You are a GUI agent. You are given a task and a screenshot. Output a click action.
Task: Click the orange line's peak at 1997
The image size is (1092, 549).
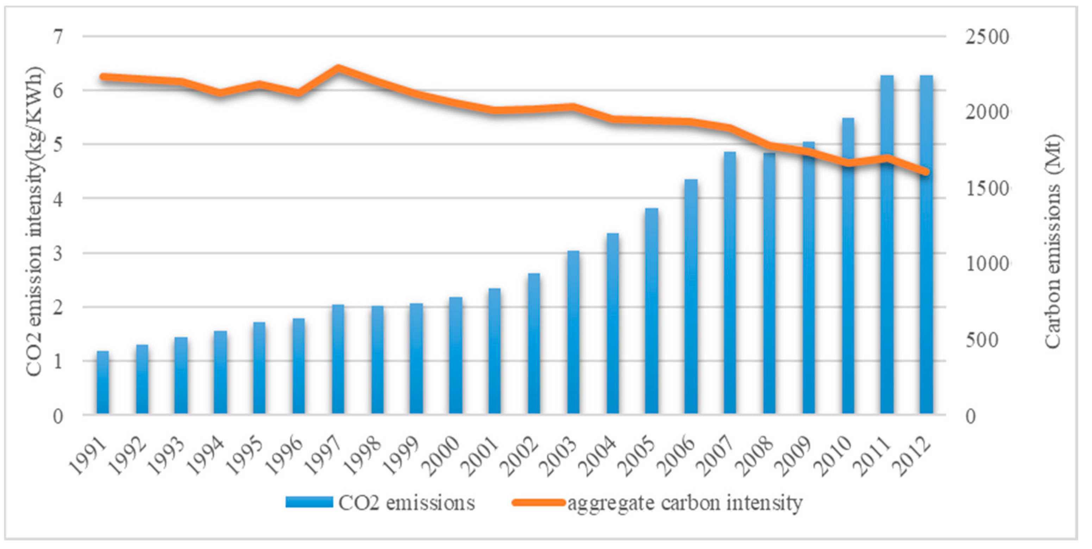tap(338, 68)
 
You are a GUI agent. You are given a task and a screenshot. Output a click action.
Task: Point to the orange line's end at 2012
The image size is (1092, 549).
tap(926, 172)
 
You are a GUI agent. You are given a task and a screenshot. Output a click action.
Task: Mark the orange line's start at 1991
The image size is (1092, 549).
tap(102, 77)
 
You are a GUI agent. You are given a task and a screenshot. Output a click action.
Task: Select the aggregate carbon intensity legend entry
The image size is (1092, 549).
tap(657, 503)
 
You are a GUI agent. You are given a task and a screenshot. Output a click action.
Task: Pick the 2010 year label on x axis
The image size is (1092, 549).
tap(834, 458)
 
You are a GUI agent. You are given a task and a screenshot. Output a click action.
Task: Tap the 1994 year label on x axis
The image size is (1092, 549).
tap(206, 458)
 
